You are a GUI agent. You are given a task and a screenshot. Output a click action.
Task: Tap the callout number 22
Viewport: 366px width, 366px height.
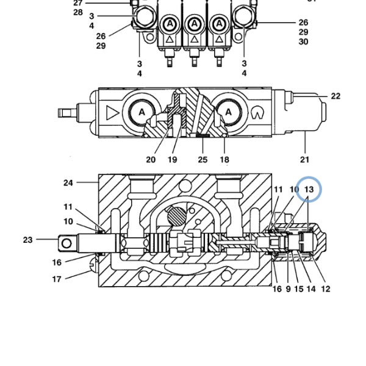(335, 96)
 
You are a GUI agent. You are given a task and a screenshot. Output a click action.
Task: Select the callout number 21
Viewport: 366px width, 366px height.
(304, 160)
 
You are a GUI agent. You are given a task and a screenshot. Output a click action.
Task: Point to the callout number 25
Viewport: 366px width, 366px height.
(203, 160)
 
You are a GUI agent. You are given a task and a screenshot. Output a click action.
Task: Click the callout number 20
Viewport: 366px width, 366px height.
(151, 160)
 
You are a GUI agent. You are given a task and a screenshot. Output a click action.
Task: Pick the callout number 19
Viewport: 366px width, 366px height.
(173, 160)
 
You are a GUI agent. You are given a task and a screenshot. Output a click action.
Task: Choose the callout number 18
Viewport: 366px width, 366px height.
(224, 160)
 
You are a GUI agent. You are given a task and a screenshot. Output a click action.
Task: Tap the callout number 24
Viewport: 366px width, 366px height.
(68, 183)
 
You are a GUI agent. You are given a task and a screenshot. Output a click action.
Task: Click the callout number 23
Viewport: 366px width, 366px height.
(28, 240)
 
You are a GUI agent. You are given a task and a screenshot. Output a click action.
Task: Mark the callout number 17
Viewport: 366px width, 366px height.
(57, 279)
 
